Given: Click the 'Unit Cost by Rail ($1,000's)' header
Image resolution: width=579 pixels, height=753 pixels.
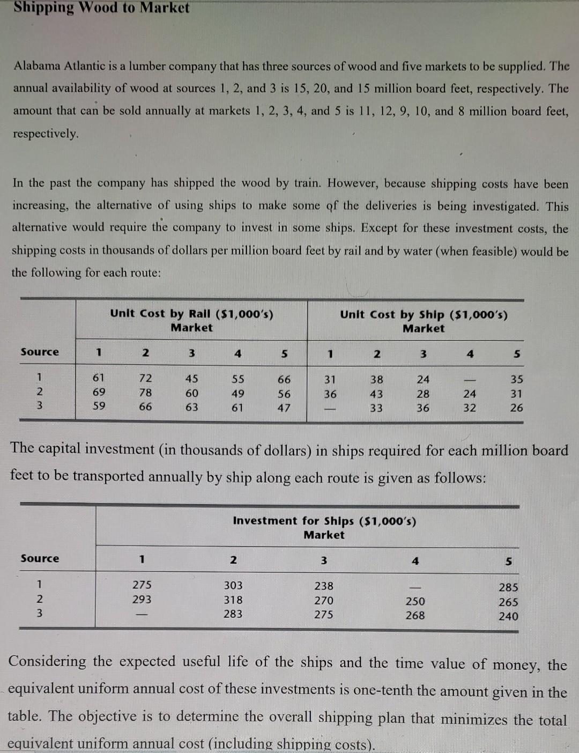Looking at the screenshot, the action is [191, 314].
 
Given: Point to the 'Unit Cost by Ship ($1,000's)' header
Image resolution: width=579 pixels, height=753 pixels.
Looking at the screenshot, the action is [424, 315].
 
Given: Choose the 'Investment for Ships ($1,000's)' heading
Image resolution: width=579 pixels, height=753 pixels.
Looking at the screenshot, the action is [324, 521].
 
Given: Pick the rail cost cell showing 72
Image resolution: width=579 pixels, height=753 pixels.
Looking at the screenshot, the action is [145, 379].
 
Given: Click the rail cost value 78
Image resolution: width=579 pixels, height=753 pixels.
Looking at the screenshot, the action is [145, 393].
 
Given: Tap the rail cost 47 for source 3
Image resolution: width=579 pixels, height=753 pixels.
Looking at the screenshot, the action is [284, 408].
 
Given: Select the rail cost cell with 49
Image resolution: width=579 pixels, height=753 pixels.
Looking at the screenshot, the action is [237, 393].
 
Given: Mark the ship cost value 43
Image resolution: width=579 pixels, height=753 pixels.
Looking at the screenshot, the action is [376, 394].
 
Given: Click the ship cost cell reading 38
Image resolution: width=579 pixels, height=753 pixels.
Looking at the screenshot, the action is [376, 379].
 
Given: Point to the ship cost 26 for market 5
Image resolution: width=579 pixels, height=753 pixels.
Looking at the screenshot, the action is [516, 408].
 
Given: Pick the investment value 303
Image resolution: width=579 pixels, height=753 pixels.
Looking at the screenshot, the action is [233, 586].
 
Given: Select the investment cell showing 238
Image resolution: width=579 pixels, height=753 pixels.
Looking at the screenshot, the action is [324, 586].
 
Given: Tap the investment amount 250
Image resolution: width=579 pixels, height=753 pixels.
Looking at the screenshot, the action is [415, 601].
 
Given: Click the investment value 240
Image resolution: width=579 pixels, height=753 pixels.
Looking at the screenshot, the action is [508, 616].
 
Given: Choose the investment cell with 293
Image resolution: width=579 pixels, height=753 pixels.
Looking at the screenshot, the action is [142, 600].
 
